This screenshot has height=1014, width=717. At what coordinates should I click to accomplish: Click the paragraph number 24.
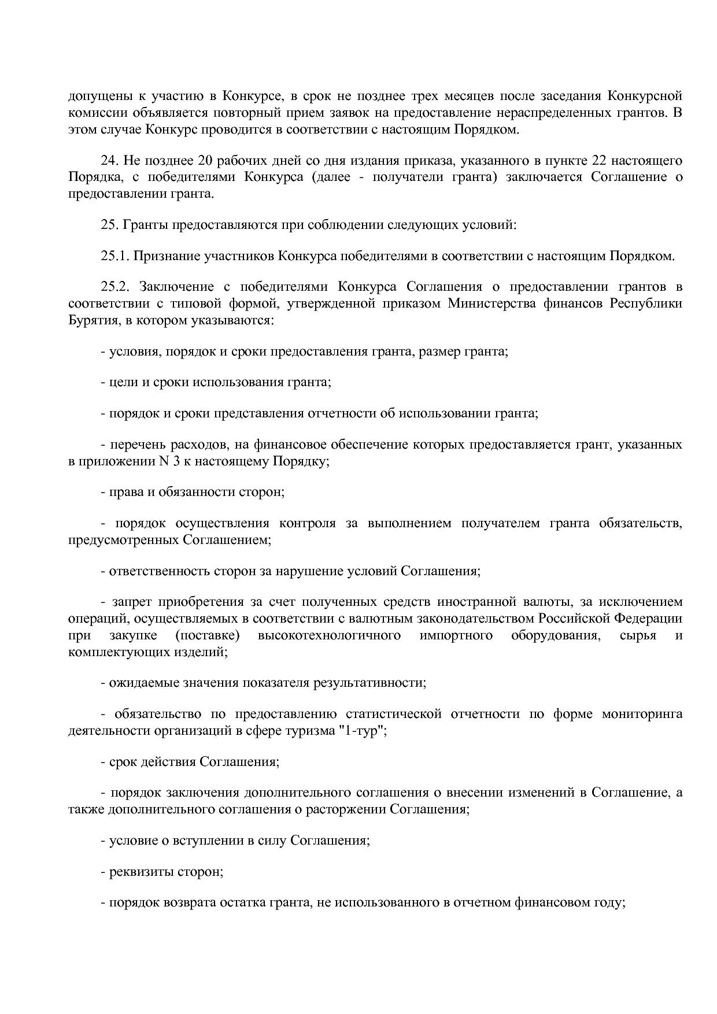[110, 161]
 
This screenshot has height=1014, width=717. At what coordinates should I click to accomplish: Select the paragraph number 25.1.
[114, 256]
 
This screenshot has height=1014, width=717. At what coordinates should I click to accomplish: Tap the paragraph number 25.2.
[114, 287]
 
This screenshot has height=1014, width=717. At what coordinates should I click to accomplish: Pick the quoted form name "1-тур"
[361, 731]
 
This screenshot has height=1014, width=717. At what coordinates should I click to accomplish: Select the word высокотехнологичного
[330, 636]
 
